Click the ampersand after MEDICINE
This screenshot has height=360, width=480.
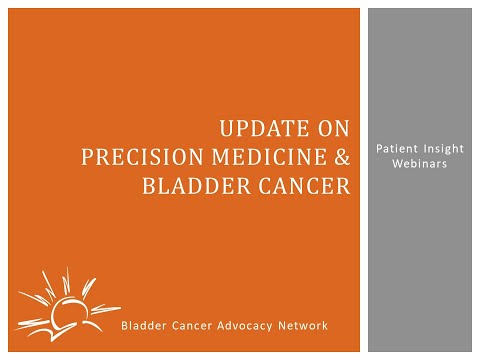coord(343,157)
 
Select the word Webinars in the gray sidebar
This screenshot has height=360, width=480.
coord(422,162)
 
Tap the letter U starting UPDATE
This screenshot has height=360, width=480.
coord(226,129)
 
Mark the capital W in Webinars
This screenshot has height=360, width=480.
coord(398,162)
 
